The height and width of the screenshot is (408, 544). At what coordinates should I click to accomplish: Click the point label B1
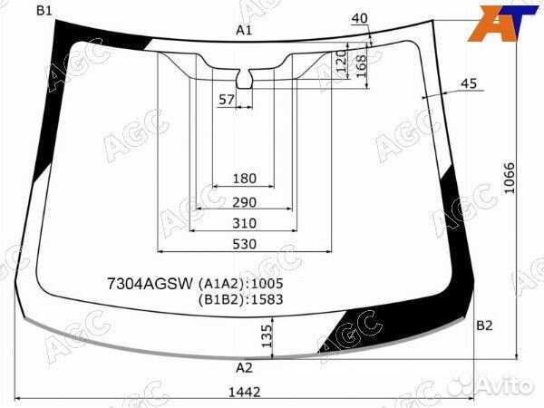click(x=44, y=11)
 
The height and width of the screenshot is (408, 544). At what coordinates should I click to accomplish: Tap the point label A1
click(x=244, y=31)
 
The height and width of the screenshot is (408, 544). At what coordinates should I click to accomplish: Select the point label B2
click(x=484, y=325)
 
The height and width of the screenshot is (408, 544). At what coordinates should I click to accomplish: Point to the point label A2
click(x=244, y=367)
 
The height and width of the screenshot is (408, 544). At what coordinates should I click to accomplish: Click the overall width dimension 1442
click(x=244, y=393)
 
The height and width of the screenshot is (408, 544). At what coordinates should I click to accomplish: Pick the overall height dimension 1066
click(x=510, y=179)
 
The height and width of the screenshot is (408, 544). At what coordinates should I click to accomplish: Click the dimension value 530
click(x=244, y=244)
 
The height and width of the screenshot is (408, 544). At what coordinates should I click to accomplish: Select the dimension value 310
click(x=244, y=223)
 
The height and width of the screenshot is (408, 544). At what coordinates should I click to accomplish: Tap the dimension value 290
click(x=244, y=202)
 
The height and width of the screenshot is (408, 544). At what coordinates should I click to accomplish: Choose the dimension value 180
click(x=244, y=179)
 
